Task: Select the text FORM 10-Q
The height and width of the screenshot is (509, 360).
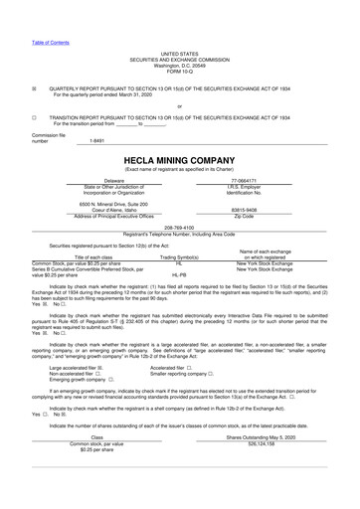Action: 179,73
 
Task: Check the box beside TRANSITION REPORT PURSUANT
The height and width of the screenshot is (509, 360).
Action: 34,115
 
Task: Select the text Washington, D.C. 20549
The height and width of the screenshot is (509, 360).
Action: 179,67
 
